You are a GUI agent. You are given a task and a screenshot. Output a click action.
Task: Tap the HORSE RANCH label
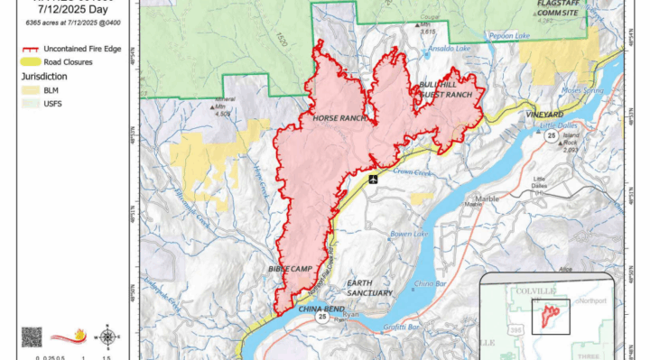click(x=338, y=118)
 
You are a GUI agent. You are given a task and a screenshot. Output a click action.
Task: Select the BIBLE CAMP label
click(x=290, y=269)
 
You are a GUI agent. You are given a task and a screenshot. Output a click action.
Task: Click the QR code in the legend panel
click(x=32, y=337)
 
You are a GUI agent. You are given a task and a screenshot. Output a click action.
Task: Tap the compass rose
click(x=108, y=337)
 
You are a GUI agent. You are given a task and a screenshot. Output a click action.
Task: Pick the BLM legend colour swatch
click(x=32, y=91)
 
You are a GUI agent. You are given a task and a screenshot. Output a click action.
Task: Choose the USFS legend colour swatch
click(x=32, y=104)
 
